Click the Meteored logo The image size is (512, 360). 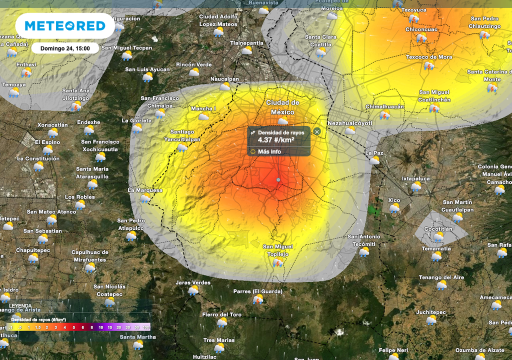point(65,26)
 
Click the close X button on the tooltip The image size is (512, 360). point(317,131)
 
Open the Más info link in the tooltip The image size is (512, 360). point(269,151)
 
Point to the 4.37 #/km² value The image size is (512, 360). point(276,140)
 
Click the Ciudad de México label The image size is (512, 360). point(282,107)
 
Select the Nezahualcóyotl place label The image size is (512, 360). point(350,123)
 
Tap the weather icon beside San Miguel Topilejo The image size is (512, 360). point(278,262)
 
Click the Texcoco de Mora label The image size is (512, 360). point(429,57)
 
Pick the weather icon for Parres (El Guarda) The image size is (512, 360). point(258,299)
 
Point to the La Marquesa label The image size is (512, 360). point(145,190)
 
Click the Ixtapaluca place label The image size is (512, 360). point(416,178)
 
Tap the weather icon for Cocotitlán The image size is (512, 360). point(438,236)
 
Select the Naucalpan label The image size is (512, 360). point(224,79)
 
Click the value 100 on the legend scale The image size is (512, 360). point(146,327)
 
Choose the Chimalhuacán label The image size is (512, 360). point(384,106)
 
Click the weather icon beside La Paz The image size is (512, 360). point(374,160)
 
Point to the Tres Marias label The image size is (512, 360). point(219,340)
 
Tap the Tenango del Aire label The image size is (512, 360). point(441,277)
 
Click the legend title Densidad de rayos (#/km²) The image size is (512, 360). point(38,319)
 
